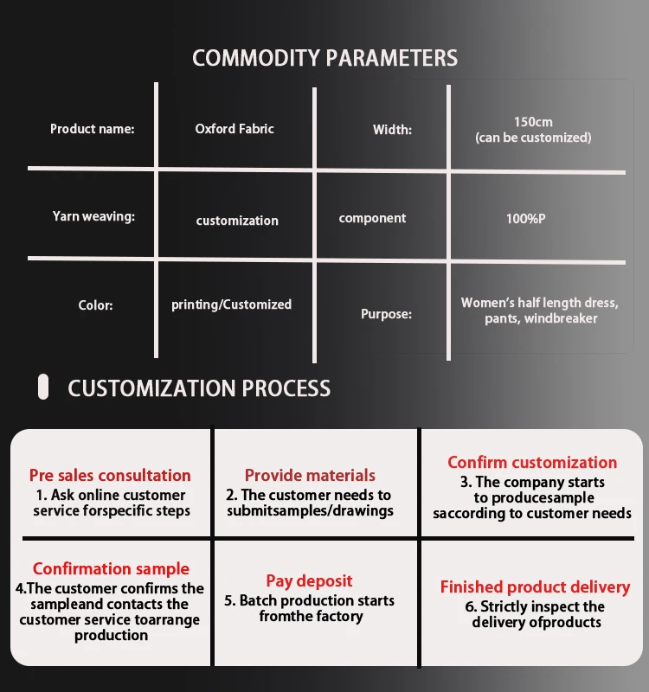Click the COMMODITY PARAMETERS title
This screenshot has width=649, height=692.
point(325,58)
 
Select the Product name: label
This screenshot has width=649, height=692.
point(93,129)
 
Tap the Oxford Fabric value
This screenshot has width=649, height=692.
point(235,129)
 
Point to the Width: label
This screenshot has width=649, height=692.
point(392,130)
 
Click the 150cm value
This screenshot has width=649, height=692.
point(533,122)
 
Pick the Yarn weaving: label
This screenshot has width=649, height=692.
point(93,216)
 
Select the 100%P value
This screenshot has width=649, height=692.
point(526,219)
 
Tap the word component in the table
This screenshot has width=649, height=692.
point(372,218)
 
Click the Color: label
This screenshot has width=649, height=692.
point(95,305)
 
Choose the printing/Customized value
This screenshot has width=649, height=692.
point(231,304)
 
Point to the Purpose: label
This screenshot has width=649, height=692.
point(386,314)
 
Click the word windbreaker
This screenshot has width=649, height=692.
point(561,318)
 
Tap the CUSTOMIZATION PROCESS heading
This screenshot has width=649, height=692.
point(199,388)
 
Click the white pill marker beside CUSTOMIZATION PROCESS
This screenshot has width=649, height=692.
point(43,387)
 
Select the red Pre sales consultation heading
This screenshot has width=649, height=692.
point(110,475)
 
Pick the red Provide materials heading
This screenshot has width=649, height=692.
point(310,475)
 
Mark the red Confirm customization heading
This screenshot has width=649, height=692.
point(532,463)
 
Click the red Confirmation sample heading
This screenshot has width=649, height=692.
point(111,569)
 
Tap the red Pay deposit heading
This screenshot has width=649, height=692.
point(309,581)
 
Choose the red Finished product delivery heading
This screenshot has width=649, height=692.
point(535,587)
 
